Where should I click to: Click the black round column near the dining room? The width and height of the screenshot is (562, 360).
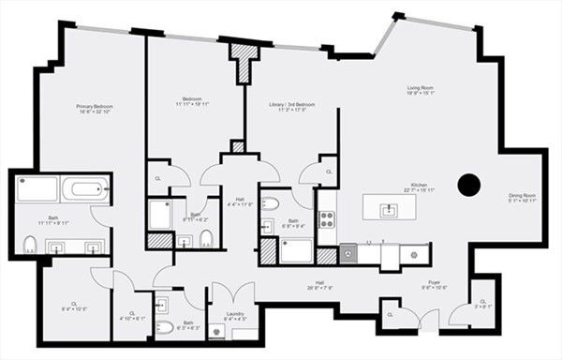tap(469, 185)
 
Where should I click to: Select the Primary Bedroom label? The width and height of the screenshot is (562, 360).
tap(94, 107)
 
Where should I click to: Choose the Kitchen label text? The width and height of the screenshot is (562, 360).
tap(419, 185)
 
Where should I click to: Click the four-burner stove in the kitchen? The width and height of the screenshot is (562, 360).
tap(328, 219)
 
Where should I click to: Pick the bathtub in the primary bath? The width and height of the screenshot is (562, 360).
tap(89, 190)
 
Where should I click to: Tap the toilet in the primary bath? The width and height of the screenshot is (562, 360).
tap(29, 246)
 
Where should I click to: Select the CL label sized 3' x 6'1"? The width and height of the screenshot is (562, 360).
tap(483, 302)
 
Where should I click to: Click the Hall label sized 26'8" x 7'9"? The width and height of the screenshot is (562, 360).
tap(319, 286)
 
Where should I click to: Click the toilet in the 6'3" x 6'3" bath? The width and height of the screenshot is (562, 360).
tap(161, 327)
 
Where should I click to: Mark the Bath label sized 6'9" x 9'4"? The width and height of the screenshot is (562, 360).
tap(291, 222)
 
